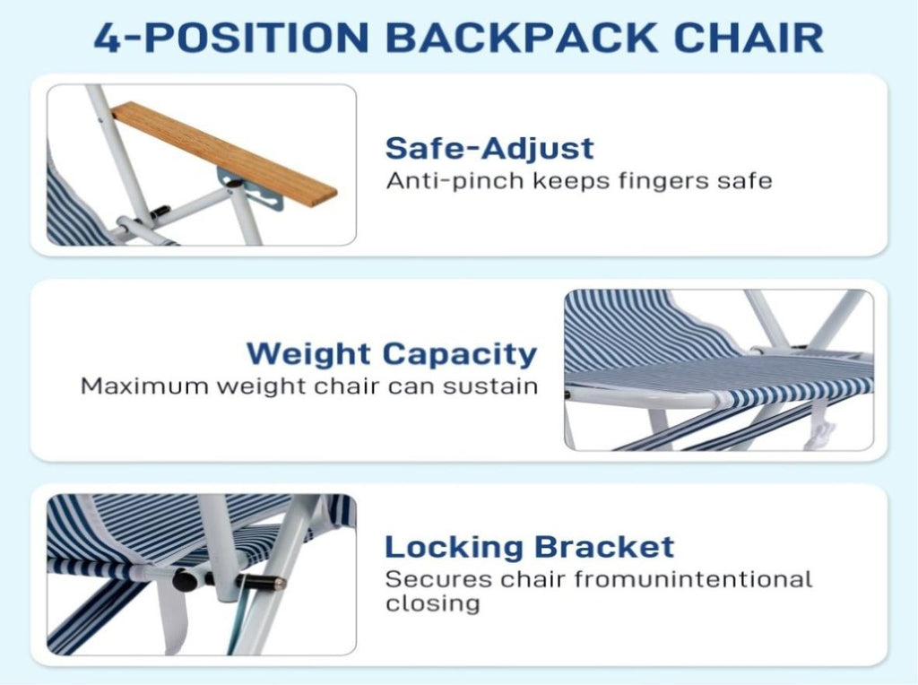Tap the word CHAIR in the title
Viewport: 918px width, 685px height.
click(749, 38)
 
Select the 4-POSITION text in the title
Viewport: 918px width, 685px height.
click(231, 38)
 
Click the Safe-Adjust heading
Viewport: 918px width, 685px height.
click(489, 148)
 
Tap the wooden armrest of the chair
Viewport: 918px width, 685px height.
click(223, 153)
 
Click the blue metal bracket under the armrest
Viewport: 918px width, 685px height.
click(252, 188)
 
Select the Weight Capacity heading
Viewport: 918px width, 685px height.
click(392, 353)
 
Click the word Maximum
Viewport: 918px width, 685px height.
click(145, 386)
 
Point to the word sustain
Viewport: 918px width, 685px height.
click(490, 386)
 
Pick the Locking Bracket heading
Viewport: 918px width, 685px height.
click(529, 547)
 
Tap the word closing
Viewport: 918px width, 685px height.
click(433, 603)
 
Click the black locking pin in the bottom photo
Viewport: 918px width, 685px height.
click(261, 582)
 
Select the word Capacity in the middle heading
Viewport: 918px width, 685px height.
click(460, 354)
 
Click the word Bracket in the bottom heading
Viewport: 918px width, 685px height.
click(604, 547)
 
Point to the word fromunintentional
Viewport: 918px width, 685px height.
click(693, 579)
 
